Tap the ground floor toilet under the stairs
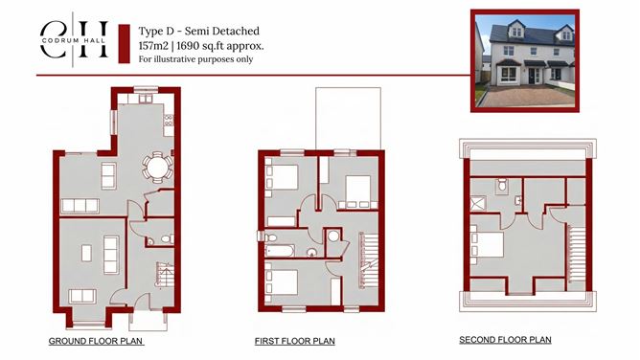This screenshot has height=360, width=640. [165, 239]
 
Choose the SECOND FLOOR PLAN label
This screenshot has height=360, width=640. [505, 340]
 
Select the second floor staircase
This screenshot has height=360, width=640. [576, 250]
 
